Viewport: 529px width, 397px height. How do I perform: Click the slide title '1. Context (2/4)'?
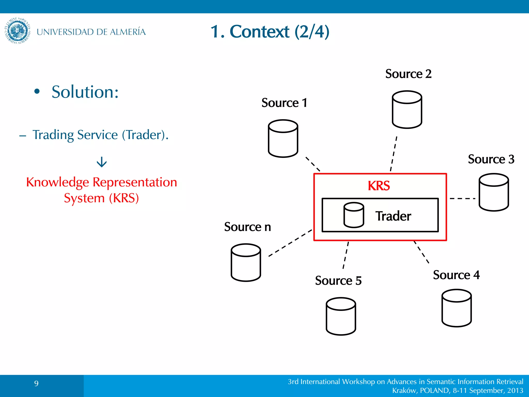click(270, 32)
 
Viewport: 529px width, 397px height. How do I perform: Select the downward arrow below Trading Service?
click(102, 162)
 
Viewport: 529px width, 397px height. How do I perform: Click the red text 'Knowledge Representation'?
click(102, 182)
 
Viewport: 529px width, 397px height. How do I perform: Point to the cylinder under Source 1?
click(283, 139)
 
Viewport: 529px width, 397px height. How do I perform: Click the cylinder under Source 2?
click(407, 110)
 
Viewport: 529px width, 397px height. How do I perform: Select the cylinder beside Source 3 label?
click(494, 192)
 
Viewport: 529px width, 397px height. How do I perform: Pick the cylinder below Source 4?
click(456, 308)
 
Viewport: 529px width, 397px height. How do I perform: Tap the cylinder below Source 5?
click(341, 316)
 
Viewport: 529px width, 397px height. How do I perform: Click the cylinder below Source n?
click(246, 263)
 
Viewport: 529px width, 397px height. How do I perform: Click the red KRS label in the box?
click(379, 186)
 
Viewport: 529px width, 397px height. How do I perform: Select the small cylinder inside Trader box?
click(354, 215)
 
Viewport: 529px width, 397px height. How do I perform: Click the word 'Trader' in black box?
click(393, 216)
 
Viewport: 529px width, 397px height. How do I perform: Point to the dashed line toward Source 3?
click(462, 198)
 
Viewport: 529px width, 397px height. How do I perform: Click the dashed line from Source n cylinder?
click(290, 243)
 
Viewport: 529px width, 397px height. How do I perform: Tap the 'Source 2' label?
click(408, 74)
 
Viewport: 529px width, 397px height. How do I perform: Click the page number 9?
click(36, 383)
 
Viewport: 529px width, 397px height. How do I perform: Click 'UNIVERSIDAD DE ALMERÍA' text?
click(91, 32)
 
